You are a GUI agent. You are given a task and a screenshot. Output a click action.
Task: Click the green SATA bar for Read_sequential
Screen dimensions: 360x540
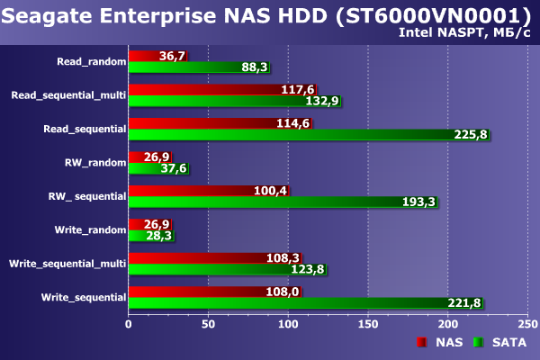pos(288,134)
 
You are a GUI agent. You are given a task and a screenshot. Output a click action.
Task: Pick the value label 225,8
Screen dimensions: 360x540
pos(469,134)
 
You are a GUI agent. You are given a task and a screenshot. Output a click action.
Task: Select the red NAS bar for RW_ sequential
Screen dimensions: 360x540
pos(193,190)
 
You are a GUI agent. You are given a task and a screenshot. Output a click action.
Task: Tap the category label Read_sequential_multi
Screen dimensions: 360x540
pos(68,94)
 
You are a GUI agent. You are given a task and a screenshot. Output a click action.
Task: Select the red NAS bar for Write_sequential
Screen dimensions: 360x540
pos(202,291)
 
